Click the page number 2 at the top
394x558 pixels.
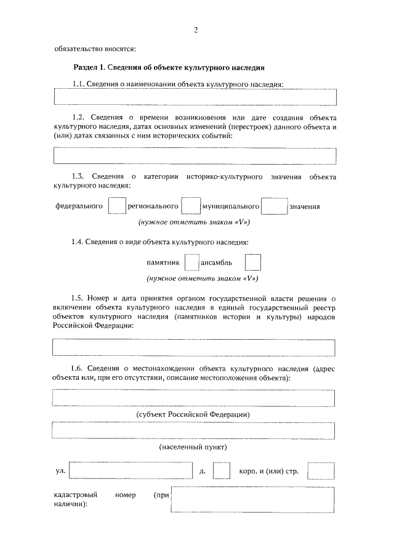click(195, 29)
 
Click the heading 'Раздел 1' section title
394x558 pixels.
click(169, 67)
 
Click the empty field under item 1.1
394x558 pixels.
click(195, 97)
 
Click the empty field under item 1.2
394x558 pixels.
click(195, 156)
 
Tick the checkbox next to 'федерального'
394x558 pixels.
click(117, 205)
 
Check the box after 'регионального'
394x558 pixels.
click(191, 205)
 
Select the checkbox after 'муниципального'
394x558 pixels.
click(274, 205)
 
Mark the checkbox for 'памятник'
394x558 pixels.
click(191, 263)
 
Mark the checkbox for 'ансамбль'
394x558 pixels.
click(252, 263)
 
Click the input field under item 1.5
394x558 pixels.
click(195, 347)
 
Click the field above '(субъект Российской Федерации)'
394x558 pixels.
click(195, 398)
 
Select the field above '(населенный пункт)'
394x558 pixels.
click(195, 430)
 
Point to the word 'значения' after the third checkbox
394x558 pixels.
click(304, 206)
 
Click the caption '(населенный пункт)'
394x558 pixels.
click(193, 446)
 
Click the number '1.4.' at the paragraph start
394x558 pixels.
click(77, 242)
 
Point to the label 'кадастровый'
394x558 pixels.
click(74, 494)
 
